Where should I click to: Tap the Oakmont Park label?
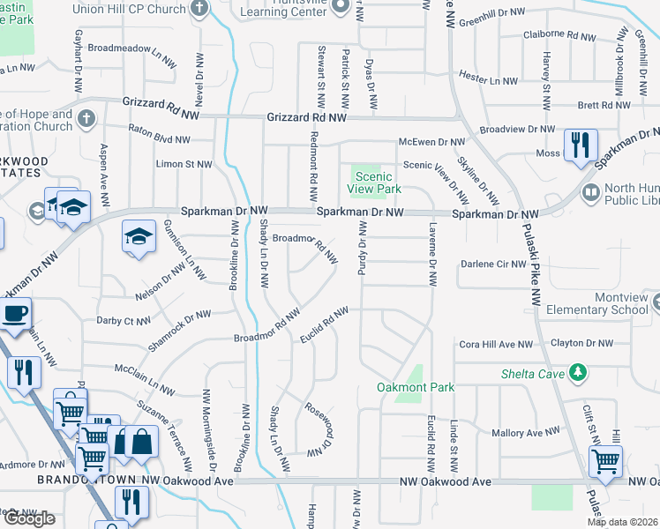(403, 386)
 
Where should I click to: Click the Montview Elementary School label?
(596, 303)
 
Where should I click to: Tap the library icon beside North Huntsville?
(590, 191)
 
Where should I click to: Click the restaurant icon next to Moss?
(580, 145)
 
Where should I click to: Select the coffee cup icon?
(15, 313)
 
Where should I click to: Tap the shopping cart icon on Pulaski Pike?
(605, 461)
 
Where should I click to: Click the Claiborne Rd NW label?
(560, 35)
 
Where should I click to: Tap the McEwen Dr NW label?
(431, 141)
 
